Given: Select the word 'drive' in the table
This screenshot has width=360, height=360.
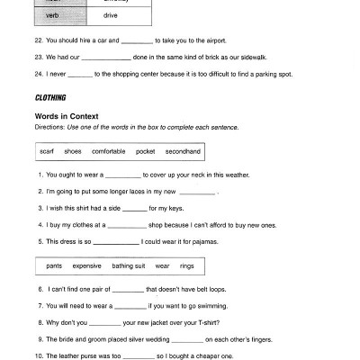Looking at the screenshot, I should coord(110,15).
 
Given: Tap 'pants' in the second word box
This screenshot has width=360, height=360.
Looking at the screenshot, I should coord(54,266).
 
